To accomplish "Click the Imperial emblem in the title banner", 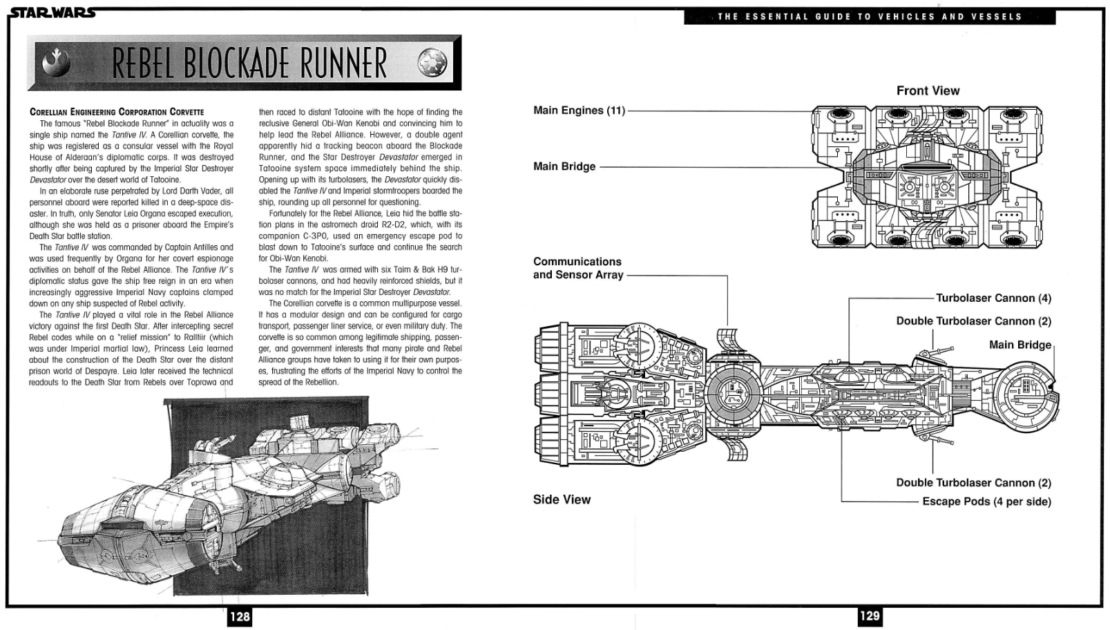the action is coord(432,63).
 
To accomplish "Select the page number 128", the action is coord(240,617).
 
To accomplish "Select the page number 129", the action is coord(870,616).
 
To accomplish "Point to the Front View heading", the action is coord(928,90).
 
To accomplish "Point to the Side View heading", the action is coord(562,499).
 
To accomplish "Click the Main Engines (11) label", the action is coord(580,110).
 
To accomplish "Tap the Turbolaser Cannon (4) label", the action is coord(993,298).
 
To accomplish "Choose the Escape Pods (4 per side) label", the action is coord(986,502).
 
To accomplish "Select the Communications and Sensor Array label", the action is coord(578,268).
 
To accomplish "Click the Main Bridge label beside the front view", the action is coord(564,166).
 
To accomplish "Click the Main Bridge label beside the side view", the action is coord(1020,345).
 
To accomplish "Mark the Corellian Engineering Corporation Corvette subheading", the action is coord(117,112).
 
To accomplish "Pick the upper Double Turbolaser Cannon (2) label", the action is coord(974,321).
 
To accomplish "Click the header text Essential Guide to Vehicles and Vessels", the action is coord(870,17).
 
